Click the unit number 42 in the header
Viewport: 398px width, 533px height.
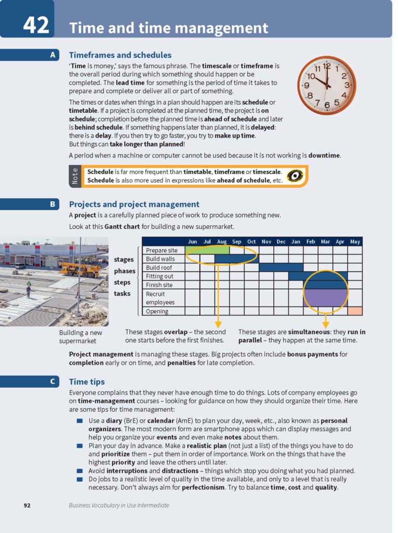point(36,25)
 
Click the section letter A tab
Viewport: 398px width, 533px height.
point(52,55)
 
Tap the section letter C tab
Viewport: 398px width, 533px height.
point(52,382)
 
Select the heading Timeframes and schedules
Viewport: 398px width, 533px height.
point(120,55)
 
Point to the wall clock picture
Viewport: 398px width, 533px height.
point(326,85)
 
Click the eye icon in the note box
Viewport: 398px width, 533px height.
point(295,176)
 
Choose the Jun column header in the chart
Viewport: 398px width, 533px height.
point(192,242)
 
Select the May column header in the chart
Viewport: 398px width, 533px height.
point(355,242)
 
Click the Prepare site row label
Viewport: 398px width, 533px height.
point(161,250)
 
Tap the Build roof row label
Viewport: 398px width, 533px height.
point(159,268)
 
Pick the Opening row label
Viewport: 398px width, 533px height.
point(157,311)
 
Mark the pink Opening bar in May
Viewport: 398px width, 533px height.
point(355,311)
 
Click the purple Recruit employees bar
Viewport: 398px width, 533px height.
point(325,298)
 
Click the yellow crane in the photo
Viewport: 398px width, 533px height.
point(78,269)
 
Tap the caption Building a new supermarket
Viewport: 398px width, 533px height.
point(81,337)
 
